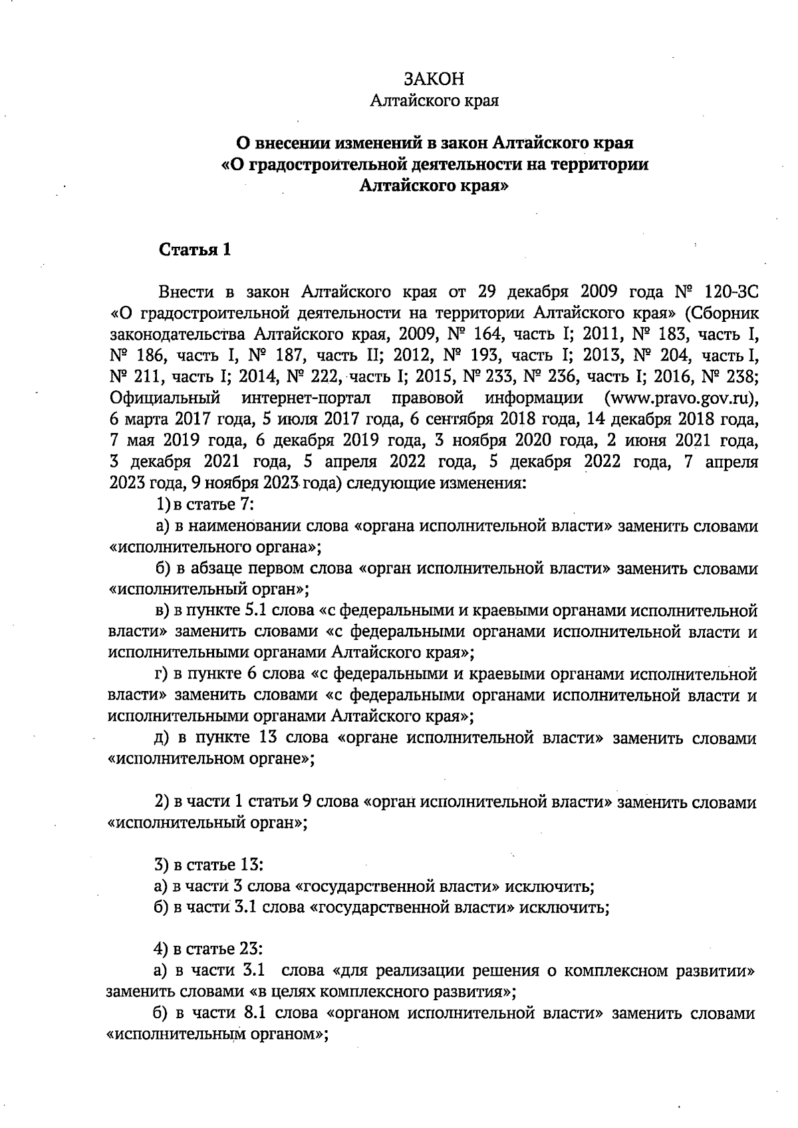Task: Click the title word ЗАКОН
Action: (434, 78)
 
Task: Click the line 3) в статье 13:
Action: (209, 865)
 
